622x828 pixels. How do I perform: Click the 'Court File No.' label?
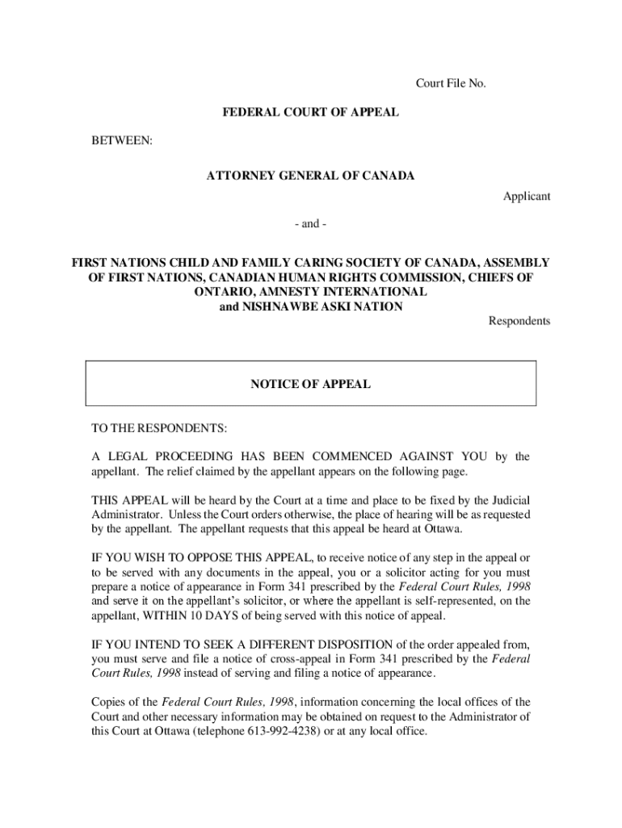(x=450, y=83)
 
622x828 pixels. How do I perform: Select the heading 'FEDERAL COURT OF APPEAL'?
(x=311, y=112)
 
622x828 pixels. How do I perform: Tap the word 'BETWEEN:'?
(x=122, y=141)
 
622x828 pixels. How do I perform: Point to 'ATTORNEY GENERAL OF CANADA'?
(x=311, y=176)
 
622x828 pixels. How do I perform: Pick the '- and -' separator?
(x=311, y=223)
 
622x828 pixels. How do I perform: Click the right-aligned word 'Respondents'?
(x=519, y=321)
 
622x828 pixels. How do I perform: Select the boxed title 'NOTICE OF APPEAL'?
(x=311, y=384)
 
